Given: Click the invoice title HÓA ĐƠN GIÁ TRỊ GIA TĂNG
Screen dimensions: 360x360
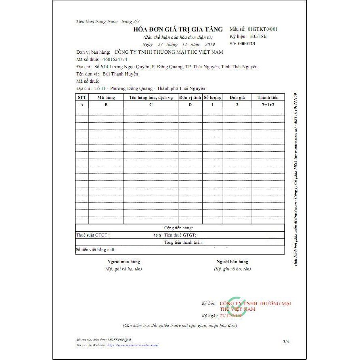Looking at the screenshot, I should [178, 29].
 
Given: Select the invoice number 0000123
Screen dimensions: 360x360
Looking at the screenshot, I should [247, 44].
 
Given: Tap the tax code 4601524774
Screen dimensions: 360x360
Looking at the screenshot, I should [115, 59].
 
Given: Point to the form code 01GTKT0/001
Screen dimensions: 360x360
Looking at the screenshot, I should [263, 29].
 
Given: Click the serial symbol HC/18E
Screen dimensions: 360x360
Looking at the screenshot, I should [258, 36].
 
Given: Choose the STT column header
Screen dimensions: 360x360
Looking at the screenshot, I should [82, 97].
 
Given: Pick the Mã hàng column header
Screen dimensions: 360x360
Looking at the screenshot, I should [106, 97].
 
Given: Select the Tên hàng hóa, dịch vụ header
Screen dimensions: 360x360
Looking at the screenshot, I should [151, 97].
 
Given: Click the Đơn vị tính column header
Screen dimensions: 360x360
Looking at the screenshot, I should [190, 97].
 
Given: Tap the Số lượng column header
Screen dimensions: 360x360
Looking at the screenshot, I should [213, 97].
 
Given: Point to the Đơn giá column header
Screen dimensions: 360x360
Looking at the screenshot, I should [237, 97].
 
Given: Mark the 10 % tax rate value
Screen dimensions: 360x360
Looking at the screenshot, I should [157, 235].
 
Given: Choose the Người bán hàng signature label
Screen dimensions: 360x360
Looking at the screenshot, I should [232, 262].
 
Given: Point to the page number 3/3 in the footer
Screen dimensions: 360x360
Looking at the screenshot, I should [286, 341].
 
